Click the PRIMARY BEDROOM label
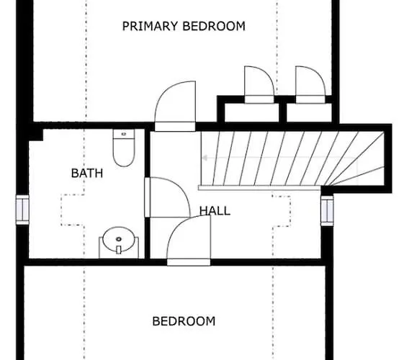click(x=184, y=26)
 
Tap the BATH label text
click(x=87, y=173)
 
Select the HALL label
click(x=215, y=211)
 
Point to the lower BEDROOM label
click(x=184, y=321)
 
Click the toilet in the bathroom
click(x=124, y=148)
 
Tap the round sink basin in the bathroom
click(x=119, y=240)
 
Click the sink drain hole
click(x=119, y=239)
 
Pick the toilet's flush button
click(x=124, y=134)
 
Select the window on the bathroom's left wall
click(x=22, y=210)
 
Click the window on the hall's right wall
click(x=327, y=210)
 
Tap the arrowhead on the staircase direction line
click(x=205, y=158)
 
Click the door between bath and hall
click(x=168, y=197)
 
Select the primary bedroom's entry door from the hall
click(x=175, y=106)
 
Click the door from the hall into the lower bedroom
click(x=189, y=240)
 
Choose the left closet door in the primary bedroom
click(x=259, y=85)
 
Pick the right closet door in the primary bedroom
click(x=310, y=85)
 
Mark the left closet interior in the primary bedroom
click(x=252, y=112)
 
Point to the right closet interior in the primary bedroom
click(x=309, y=112)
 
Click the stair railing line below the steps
click(x=259, y=188)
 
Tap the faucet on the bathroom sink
click(x=119, y=250)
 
